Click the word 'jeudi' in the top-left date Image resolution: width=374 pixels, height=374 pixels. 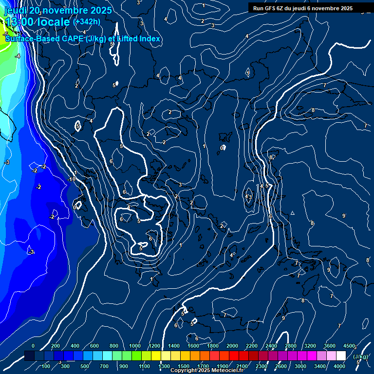point(16,10)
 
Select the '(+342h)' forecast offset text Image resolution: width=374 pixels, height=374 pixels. point(87,22)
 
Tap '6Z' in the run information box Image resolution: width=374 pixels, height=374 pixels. point(285,8)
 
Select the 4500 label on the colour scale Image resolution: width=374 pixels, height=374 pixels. point(349,346)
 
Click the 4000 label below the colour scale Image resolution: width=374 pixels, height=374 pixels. point(340,366)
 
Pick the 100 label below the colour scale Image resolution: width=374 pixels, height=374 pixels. point(46,366)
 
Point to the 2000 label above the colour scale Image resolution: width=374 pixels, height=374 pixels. point(232,346)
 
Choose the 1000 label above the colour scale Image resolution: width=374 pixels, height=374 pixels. point(135,346)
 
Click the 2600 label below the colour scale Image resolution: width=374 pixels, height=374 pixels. point(281,366)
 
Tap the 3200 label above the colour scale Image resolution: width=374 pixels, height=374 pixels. point(310,346)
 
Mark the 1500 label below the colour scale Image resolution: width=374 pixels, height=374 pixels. point(184,366)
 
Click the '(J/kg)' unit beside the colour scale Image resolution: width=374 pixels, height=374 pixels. point(360,357)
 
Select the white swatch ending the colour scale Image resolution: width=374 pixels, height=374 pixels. point(341,356)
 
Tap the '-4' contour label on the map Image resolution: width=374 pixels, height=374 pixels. point(18,56)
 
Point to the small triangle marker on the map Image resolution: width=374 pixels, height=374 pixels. point(293,213)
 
